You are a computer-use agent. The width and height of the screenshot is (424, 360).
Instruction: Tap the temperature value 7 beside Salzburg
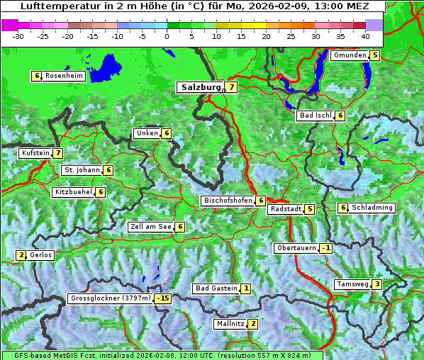click(232, 87)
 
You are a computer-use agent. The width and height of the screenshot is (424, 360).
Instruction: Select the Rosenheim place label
click(64, 76)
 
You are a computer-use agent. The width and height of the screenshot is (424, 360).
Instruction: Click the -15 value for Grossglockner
click(164, 298)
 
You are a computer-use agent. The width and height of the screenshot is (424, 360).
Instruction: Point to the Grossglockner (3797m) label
click(111, 298)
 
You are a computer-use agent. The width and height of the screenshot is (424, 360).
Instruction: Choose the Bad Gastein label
click(216, 288)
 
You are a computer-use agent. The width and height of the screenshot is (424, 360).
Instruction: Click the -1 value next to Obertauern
click(325, 248)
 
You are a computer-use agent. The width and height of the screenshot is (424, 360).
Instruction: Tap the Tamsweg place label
click(352, 284)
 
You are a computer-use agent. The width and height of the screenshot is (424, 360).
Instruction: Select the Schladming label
click(372, 208)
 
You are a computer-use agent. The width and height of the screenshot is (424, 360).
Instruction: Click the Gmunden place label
click(349, 55)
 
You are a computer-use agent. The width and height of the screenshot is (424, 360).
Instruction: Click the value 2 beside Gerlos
click(21, 255)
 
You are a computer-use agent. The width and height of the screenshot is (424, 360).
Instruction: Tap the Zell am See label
click(151, 227)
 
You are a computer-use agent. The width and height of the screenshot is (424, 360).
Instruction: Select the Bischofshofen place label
click(228, 201)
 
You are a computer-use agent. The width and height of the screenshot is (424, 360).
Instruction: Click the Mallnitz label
click(230, 324)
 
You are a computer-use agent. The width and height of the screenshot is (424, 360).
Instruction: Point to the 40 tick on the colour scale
click(365, 35)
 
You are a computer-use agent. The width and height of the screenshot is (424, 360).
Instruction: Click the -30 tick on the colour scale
click(18, 35)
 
